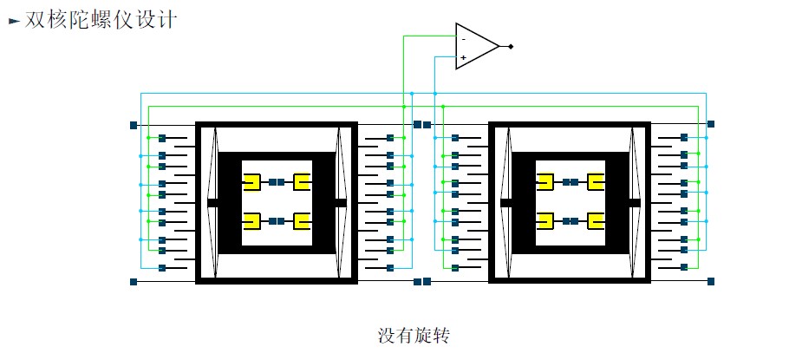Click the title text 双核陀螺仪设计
(x=101, y=20)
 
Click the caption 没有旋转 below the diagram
(x=413, y=336)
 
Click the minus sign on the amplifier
(x=464, y=39)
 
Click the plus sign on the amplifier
(x=464, y=57)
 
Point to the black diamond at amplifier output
(x=510, y=46)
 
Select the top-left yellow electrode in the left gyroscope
(x=252, y=182)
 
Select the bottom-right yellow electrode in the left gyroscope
(x=302, y=221)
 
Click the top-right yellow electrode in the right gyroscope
(x=596, y=182)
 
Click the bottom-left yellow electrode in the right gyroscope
(x=546, y=221)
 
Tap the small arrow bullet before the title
(x=14, y=21)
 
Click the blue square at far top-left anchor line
(x=134, y=125)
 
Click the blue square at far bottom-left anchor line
(x=134, y=281)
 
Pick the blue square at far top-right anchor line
(x=711, y=124)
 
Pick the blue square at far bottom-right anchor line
(x=711, y=281)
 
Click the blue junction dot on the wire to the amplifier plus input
(x=435, y=94)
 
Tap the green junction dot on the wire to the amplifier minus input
(x=403, y=106)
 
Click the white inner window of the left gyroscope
(x=277, y=202)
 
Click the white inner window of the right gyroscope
(x=571, y=202)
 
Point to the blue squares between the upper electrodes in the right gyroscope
(x=571, y=182)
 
